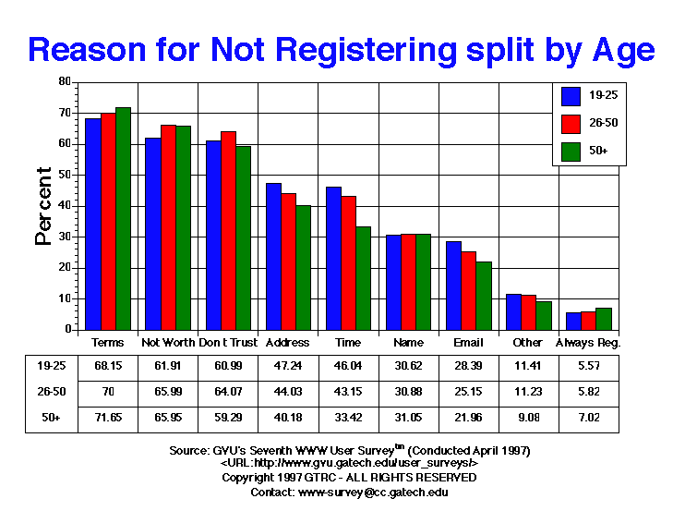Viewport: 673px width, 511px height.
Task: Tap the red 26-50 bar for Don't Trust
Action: pyautogui.click(x=228, y=230)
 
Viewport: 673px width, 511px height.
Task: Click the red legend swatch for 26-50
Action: pyautogui.click(x=571, y=123)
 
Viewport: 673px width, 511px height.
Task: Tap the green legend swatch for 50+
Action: pyautogui.click(x=571, y=151)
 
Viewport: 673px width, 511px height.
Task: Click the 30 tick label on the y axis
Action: pyautogui.click(x=65, y=237)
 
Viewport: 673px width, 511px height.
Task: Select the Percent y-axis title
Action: pyautogui.click(x=42, y=205)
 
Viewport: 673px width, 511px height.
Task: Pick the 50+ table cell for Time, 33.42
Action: pyautogui.click(x=348, y=418)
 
